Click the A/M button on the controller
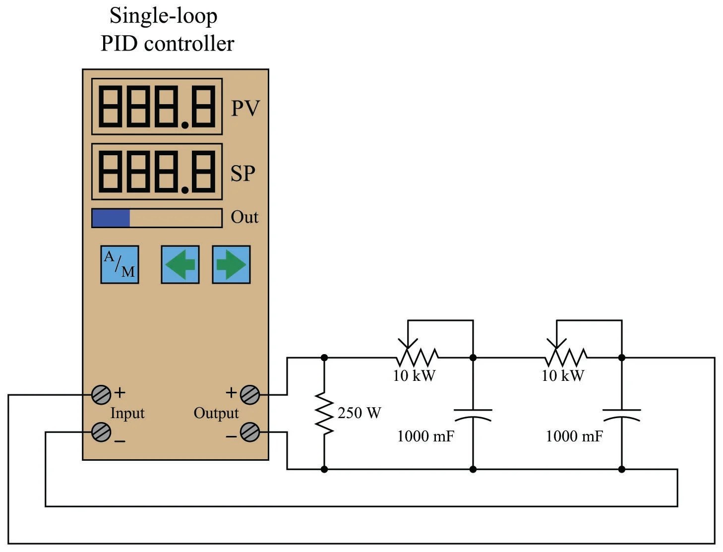point(120,264)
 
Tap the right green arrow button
point(231,264)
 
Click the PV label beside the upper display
point(245,108)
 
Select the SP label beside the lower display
point(243,173)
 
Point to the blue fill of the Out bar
point(111,218)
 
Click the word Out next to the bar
point(244,217)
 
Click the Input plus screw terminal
point(101,395)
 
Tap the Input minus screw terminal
point(101,432)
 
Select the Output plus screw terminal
point(249,395)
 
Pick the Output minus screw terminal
point(249,432)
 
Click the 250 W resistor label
point(360,413)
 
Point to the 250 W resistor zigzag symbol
point(324,413)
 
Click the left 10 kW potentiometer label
point(415,376)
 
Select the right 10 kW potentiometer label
point(563,376)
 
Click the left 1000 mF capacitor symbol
point(473,415)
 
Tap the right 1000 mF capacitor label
point(574,436)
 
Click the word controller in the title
point(189,43)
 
